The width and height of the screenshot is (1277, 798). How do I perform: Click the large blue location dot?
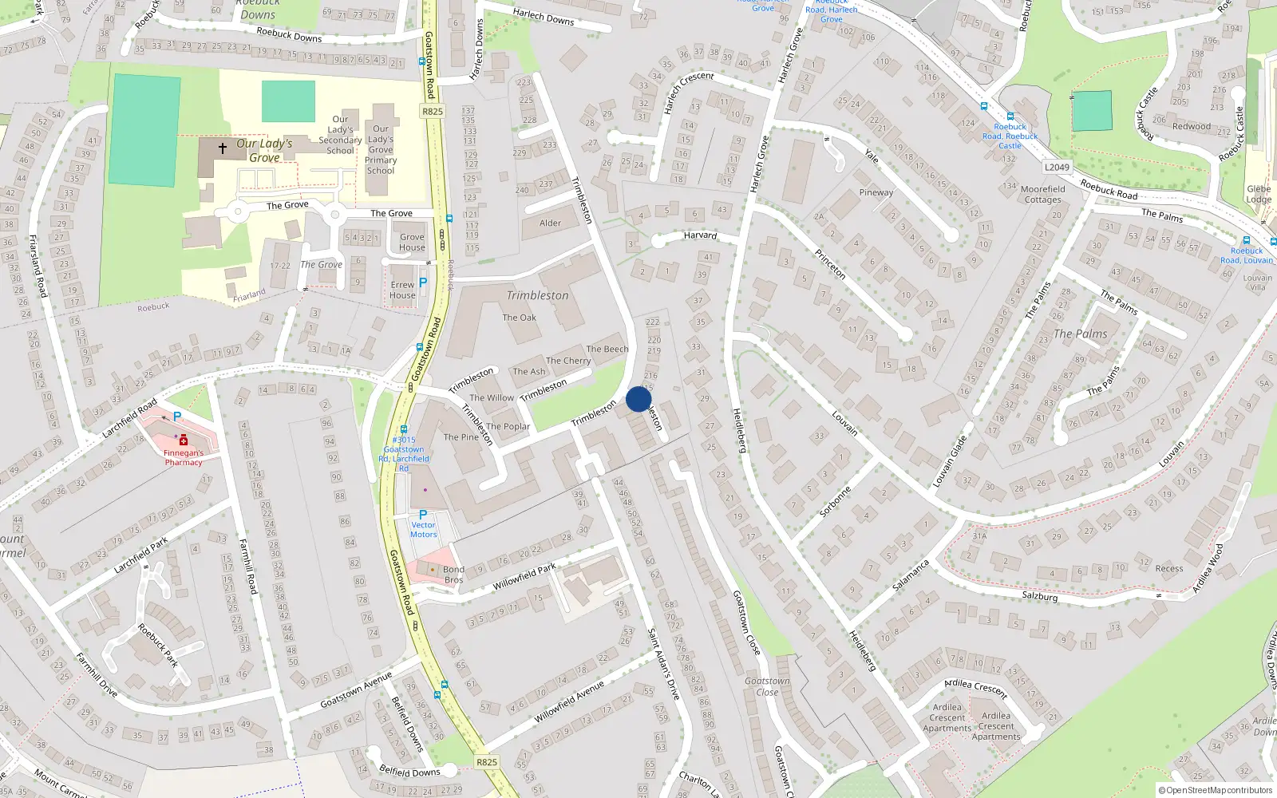pos(638,399)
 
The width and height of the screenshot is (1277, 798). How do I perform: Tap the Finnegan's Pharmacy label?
pos(184,457)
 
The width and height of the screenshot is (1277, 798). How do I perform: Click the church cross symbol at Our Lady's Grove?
pos(223,148)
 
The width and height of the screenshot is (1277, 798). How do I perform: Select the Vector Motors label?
pos(423,530)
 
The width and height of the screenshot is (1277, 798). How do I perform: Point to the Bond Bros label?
pos(453,575)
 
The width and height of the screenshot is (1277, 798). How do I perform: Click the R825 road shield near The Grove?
pos(432,112)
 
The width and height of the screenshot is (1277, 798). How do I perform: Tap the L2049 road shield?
pos(1057,167)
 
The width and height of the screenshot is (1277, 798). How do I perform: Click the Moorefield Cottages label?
pos(1042,195)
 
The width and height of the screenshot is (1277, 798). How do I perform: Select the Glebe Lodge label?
pos(1259,195)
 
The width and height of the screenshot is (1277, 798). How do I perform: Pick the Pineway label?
pos(876,192)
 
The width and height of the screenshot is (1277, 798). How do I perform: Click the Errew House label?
pos(402,290)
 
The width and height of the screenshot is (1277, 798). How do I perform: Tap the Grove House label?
pos(412,242)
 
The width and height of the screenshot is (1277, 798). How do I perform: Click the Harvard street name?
pos(700,235)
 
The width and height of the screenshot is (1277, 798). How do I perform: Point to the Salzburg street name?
pos(1039,596)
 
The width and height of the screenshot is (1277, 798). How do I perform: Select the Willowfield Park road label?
pos(524,577)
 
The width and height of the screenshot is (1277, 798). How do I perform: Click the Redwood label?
pos(1192,126)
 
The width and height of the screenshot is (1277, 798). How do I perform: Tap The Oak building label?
pos(519,318)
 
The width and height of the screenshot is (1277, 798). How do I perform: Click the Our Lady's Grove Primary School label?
pos(381,149)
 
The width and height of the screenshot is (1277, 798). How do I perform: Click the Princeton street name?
pos(830,263)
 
